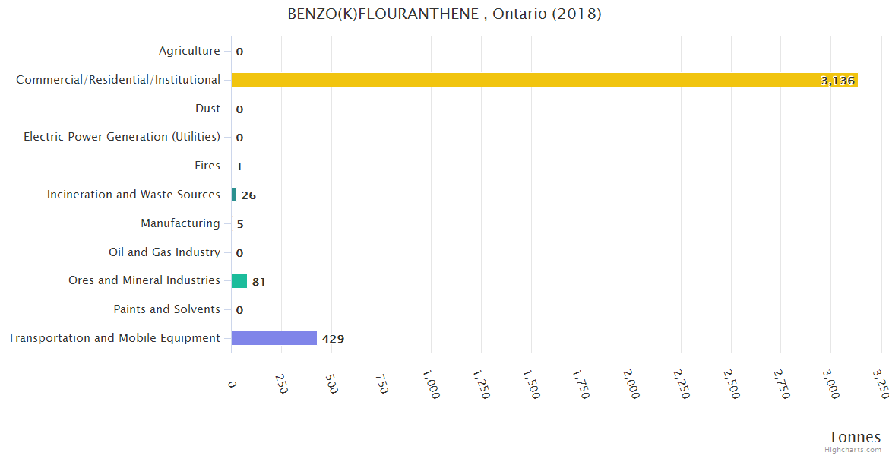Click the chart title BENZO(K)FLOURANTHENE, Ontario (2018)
click(444, 14)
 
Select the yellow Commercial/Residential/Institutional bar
click(544, 80)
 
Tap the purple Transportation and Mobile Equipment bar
click(274, 338)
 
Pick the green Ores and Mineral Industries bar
click(239, 281)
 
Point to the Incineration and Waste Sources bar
click(234, 195)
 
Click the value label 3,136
click(837, 81)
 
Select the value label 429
click(333, 339)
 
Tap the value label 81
click(258, 282)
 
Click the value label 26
click(248, 195)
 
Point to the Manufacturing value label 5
click(240, 224)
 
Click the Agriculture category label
click(189, 51)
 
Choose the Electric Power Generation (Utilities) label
click(122, 137)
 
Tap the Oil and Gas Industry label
click(164, 252)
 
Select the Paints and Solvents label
click(166, 309)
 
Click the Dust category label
click(207, 109)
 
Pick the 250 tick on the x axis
click(282, 384)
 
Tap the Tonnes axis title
click(855, 437)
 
